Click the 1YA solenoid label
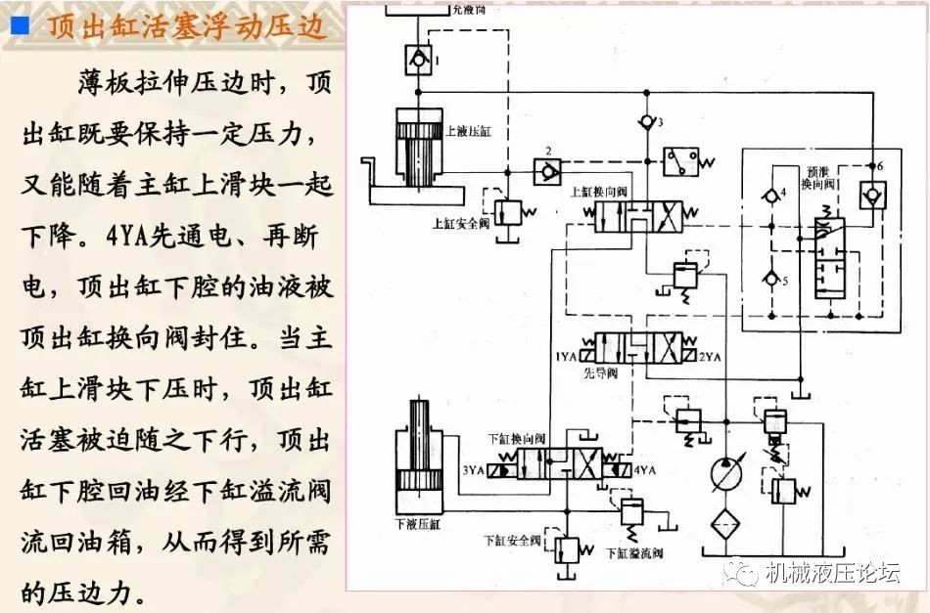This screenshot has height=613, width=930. [567, 358]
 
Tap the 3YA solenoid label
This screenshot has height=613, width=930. [476, 470]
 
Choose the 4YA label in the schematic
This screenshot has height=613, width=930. [645, 470]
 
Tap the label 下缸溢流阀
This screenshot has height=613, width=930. [636, 553]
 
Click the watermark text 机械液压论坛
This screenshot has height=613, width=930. [832, 573]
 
